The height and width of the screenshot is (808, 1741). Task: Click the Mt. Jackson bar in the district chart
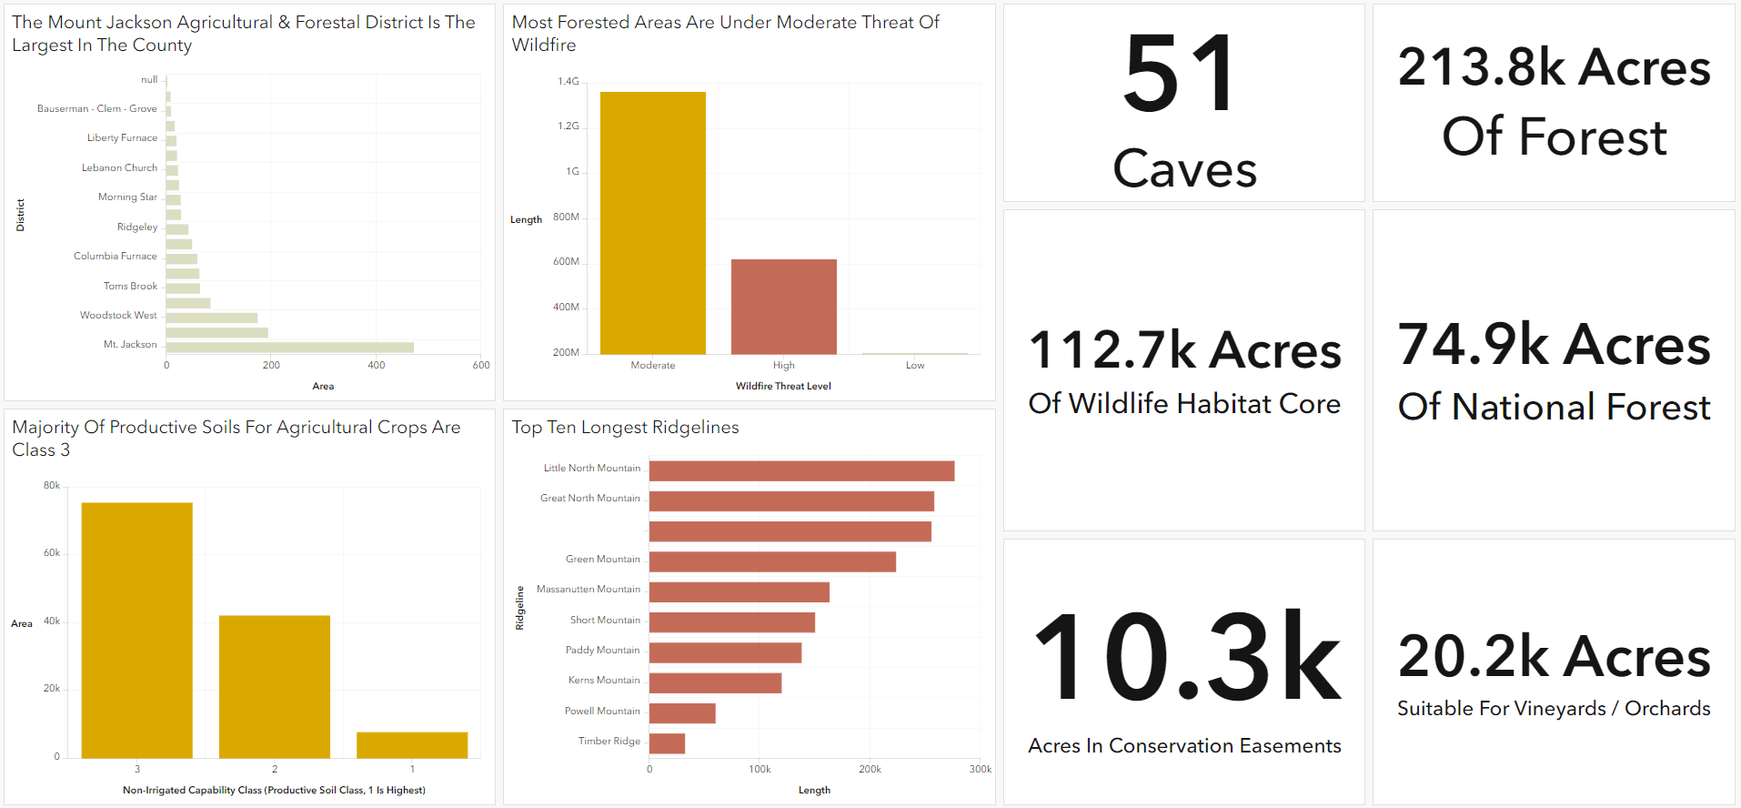point(289,348)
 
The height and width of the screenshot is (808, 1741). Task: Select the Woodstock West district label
point(118,316)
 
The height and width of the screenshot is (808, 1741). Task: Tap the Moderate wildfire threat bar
point(652,223)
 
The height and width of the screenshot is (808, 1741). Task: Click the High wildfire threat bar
point(783,307)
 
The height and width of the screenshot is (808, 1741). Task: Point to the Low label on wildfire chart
point(914,366)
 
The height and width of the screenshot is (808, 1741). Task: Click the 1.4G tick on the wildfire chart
point(568,82)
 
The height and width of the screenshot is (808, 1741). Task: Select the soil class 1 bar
point(411,745)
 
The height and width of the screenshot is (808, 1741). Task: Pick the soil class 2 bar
point(274,687)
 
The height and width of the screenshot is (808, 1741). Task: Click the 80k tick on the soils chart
point(52,486)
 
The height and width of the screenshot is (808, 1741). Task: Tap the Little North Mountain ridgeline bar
point(801,470)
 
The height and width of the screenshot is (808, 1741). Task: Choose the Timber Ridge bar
point(667,743)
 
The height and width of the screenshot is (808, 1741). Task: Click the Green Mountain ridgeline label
point(602,560)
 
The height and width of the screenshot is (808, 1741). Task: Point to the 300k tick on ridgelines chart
point(980,770)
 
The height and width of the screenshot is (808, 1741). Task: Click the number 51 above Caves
point(1181,75)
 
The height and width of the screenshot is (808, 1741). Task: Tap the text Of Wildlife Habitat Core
point(1184,404)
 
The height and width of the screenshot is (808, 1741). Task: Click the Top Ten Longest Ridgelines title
point(625,428)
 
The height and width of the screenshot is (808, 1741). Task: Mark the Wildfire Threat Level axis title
point(783,387)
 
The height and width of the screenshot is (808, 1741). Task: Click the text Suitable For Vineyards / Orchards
point(1554,709)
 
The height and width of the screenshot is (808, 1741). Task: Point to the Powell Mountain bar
point(682,713)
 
